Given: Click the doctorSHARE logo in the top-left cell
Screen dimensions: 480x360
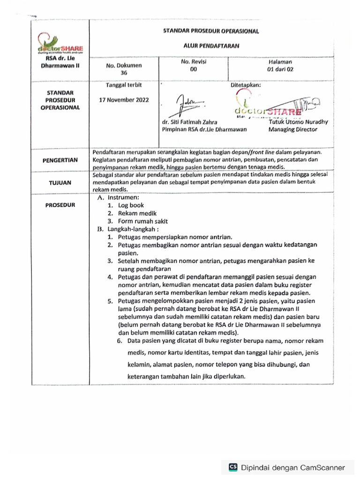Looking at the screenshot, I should click(60, 46).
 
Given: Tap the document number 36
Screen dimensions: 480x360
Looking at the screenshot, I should click(124, 73).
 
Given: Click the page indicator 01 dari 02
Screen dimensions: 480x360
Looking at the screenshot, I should click(280, 69).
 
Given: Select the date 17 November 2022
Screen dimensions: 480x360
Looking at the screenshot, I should click(124, 100).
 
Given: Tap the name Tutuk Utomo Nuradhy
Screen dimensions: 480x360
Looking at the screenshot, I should click(299, 122).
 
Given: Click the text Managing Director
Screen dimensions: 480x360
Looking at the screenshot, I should click(292, 129).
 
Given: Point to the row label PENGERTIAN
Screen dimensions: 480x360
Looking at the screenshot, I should click(60, 160).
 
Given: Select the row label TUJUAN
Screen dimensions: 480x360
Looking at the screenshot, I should click(60, 183).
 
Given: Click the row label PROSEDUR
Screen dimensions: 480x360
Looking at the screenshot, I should click(60, 205).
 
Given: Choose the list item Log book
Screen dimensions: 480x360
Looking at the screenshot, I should click(130, 205).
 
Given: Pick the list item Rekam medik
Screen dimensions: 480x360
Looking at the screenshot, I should click(134, 213).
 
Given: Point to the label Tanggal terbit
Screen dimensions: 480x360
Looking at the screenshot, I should click(124, 85).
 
